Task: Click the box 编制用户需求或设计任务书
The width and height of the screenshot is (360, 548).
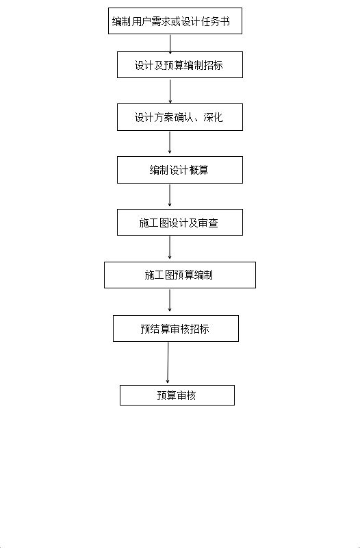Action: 175,21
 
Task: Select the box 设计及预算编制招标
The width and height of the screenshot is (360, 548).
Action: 180,64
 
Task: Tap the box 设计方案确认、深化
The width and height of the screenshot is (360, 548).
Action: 180,117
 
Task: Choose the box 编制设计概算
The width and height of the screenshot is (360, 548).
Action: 180,170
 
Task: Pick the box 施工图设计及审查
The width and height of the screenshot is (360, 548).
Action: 180,222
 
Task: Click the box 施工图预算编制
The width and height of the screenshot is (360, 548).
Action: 180,275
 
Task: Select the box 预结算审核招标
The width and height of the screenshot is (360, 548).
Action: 176,329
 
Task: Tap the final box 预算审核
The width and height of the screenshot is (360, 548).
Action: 177,395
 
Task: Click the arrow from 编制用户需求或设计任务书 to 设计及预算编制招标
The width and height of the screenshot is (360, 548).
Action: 170,44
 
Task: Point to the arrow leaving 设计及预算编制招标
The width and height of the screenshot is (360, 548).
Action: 170,91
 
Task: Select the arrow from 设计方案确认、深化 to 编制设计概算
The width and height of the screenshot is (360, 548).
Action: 170,142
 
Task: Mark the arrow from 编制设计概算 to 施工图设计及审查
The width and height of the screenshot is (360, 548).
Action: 170,195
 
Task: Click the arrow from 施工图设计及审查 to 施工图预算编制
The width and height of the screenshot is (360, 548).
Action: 170,247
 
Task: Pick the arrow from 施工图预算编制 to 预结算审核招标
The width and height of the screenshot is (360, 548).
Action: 170,300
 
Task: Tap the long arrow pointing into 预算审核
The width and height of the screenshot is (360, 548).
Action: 168,362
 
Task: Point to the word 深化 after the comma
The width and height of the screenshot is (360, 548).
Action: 213,117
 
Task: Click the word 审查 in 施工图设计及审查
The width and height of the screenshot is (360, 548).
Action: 209,223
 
